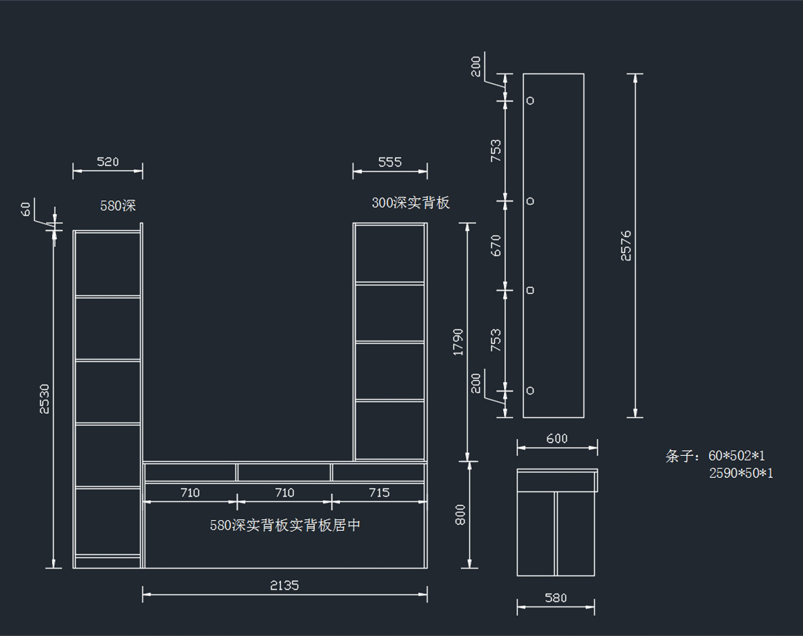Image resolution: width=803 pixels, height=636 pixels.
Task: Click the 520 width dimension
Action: pyautogui.click(x=108, y=162)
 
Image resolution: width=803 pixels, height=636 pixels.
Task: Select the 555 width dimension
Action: pyautogui.click(x=389, y=162)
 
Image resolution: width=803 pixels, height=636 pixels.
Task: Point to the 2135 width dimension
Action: pyautogui.click(x=284, y=585)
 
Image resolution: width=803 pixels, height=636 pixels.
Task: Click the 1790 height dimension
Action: pyautogui.click(x=458, y=341)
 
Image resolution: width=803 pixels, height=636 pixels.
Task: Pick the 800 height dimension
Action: pyautogui.click(x=460, y=514)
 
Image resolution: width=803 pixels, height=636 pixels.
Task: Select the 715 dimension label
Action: pyautogui.click(x=379, y=493)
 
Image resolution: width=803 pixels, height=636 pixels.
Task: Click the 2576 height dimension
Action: pyautogui.click(x=626, y=245)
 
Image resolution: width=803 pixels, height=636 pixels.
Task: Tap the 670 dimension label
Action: pyautogui.click(x=496, y=245)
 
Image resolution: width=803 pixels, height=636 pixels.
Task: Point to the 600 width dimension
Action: pyautogui.click(x=557, y=439)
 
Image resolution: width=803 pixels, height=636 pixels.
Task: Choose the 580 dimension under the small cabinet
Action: pyautogui.click(x=555, y=598)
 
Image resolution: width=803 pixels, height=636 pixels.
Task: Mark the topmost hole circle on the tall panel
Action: pyautogui.click(x=531, y=100)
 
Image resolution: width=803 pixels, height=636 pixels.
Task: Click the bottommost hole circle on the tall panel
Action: pyautogui.click(x=531, y=390)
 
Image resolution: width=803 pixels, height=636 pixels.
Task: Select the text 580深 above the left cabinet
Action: pyautogui.click(x=118, y=206)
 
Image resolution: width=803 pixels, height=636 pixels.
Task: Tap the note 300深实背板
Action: pyautogui.click(x=411, y=203)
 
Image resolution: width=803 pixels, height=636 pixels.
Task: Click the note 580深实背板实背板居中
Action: pyautogui.click(x=285, y=526)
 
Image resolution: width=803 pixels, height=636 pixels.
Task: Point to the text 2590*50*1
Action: pyautogui.click(x=741, y=473)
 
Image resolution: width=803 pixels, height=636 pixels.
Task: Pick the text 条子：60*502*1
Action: pyautogui.click(x=715, y=457)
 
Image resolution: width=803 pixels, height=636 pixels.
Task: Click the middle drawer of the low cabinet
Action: pyautogui.click(x=284, y=473)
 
